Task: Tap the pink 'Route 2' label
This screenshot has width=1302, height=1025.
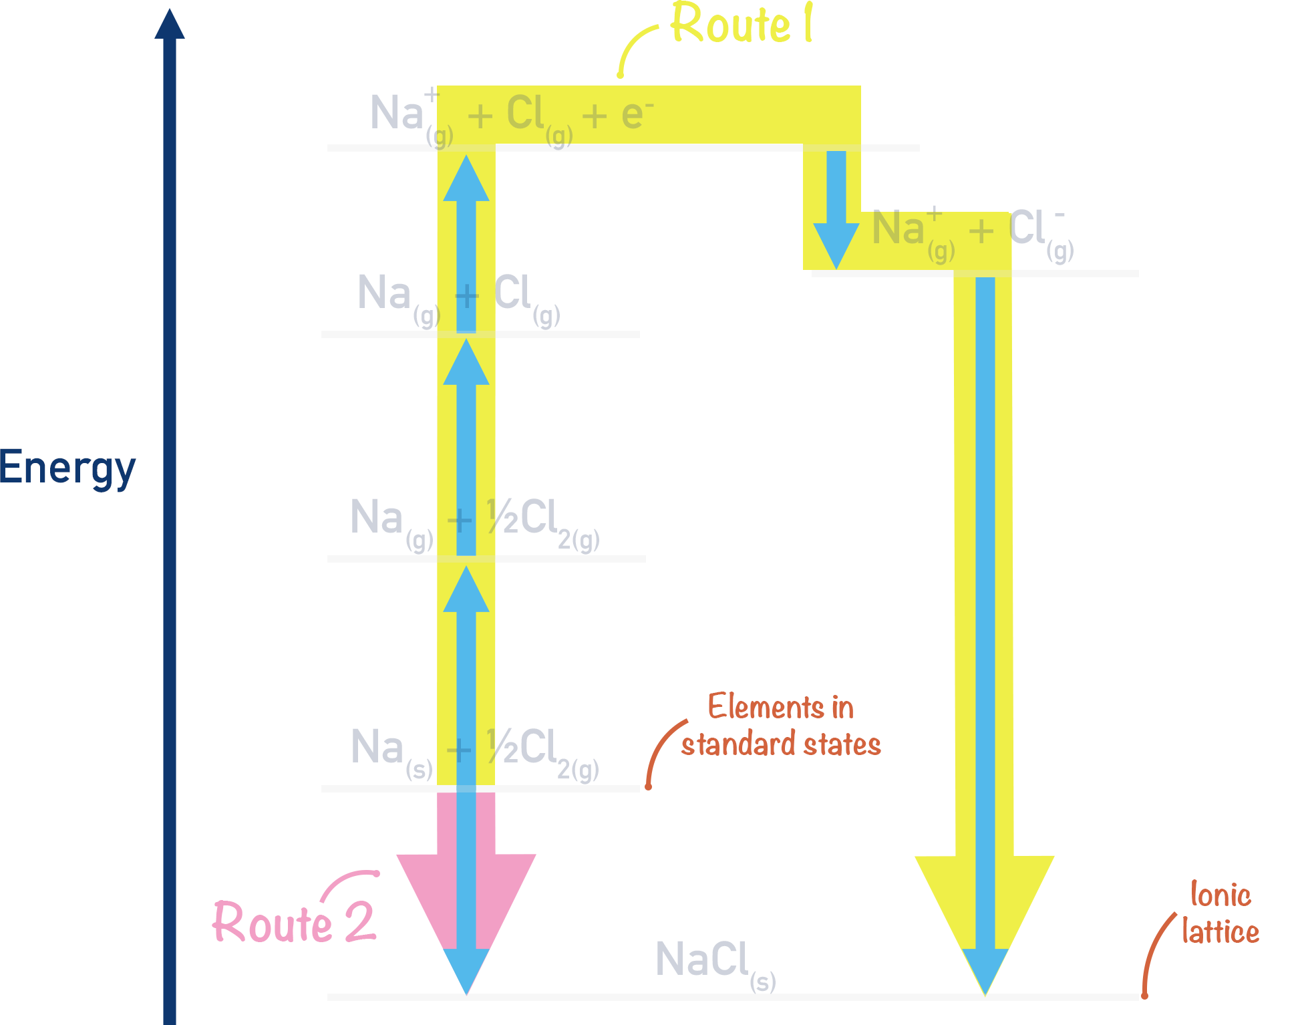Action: pos(294,923)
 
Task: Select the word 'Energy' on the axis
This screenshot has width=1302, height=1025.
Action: pos(67,468)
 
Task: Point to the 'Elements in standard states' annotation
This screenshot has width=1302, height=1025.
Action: pos(780,726)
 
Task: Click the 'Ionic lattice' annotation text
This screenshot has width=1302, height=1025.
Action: pos(1220,913)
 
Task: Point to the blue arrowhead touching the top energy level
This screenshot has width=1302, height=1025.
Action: pos(466,179)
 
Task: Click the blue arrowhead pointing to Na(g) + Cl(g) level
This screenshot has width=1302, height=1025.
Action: pos(466,363)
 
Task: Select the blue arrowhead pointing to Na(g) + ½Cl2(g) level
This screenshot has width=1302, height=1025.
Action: pos(466,591)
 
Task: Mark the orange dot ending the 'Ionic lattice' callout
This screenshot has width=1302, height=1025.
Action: pos(1144,996)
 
